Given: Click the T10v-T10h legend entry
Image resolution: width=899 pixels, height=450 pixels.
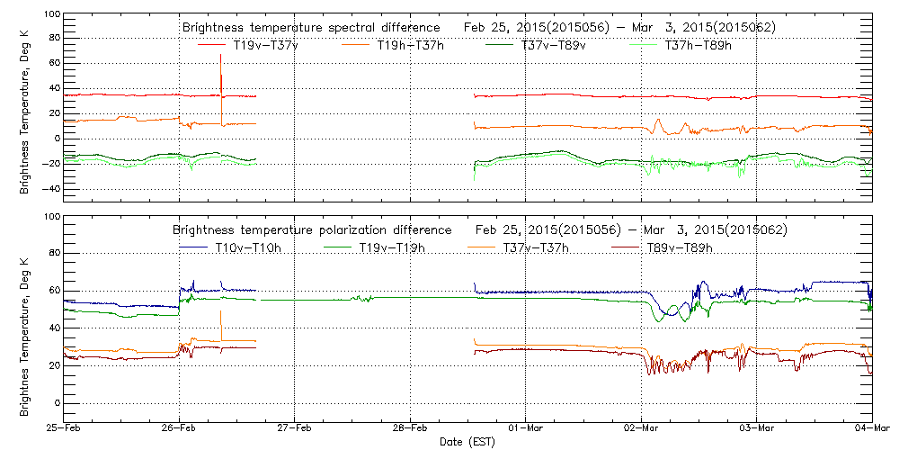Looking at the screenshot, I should pyautogui.click(x=249, y=247).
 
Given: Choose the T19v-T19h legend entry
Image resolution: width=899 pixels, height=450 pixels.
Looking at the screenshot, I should pyautogui.click(x=392, y=247).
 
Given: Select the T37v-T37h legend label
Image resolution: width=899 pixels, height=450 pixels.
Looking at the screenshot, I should pyautogui.click(x=534, y=247).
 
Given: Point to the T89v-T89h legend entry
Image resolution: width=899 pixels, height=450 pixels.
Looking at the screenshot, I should pyautogui.click(x=681, y=247).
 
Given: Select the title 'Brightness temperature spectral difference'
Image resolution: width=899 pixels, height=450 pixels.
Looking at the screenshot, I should pyautogui.click(x=310, y=28).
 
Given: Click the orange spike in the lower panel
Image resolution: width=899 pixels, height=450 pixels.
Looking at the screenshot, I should pyautogui.click(x=220, y=319).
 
